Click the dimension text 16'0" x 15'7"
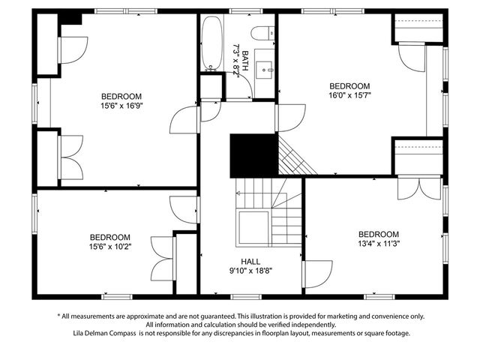click(350, 95)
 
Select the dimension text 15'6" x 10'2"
click(109, 246)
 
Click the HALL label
click(250, 261)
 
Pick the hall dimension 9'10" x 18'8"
click(250, 271)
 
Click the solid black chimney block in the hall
click(253, 155)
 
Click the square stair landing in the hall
click(253, 225)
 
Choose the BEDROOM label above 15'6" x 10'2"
click(109, 236)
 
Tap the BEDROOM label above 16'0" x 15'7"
click(350, 85)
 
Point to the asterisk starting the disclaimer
click(58, 316)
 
